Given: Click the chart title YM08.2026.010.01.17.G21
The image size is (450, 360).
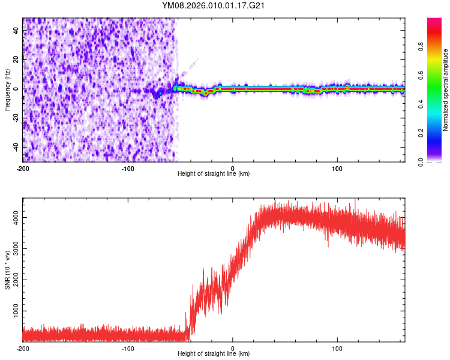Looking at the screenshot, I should tap(214, 5).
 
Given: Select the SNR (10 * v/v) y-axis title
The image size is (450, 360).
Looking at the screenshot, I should tap(7, 271).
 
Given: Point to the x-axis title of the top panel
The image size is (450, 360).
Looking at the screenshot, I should tap(214, 173).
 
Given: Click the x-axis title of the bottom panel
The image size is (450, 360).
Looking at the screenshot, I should tap(214, 354).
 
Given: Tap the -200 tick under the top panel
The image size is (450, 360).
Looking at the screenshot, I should tap(23, 167).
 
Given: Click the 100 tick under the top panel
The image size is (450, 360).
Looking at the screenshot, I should tap(337, 167).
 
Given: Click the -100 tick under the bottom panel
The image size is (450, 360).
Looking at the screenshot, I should tap(128, 348).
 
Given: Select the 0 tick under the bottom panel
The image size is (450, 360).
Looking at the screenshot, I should tap(233, 348).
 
